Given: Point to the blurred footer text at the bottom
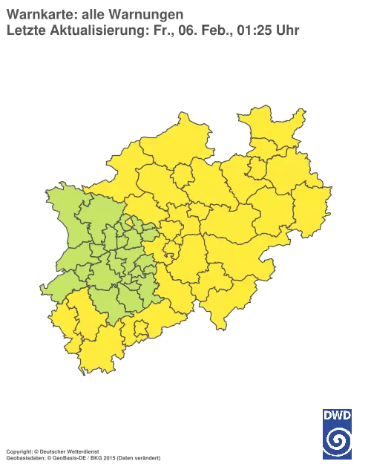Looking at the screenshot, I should tap(82, 450).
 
